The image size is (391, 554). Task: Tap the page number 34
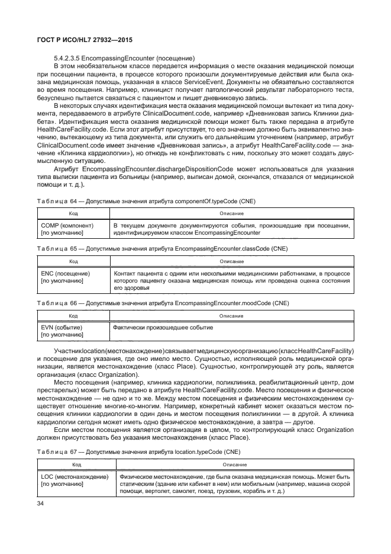pos(41,504)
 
